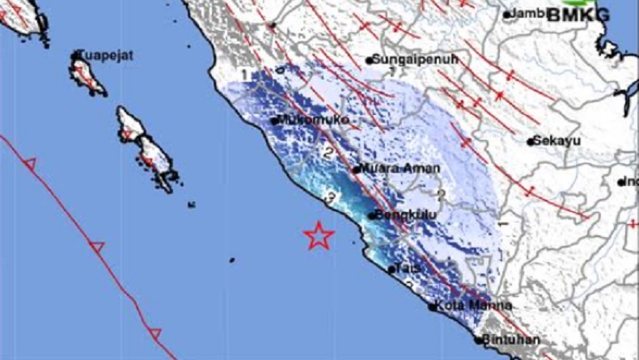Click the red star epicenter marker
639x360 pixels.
pos(319,235)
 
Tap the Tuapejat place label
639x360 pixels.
pos(105,56)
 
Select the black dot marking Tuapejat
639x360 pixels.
pos(77,55)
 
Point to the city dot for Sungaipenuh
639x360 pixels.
pos(368,60)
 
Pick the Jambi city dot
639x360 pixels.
pos(507,15)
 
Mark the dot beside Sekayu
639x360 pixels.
pos(531,142)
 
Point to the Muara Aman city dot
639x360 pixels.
pos(356,169)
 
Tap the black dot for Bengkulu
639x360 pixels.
pos(371,215)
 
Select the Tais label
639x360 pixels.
pos(409,268)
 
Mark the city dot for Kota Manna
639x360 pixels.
pos(432,307)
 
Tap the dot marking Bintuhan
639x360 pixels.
pos(478,340)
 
